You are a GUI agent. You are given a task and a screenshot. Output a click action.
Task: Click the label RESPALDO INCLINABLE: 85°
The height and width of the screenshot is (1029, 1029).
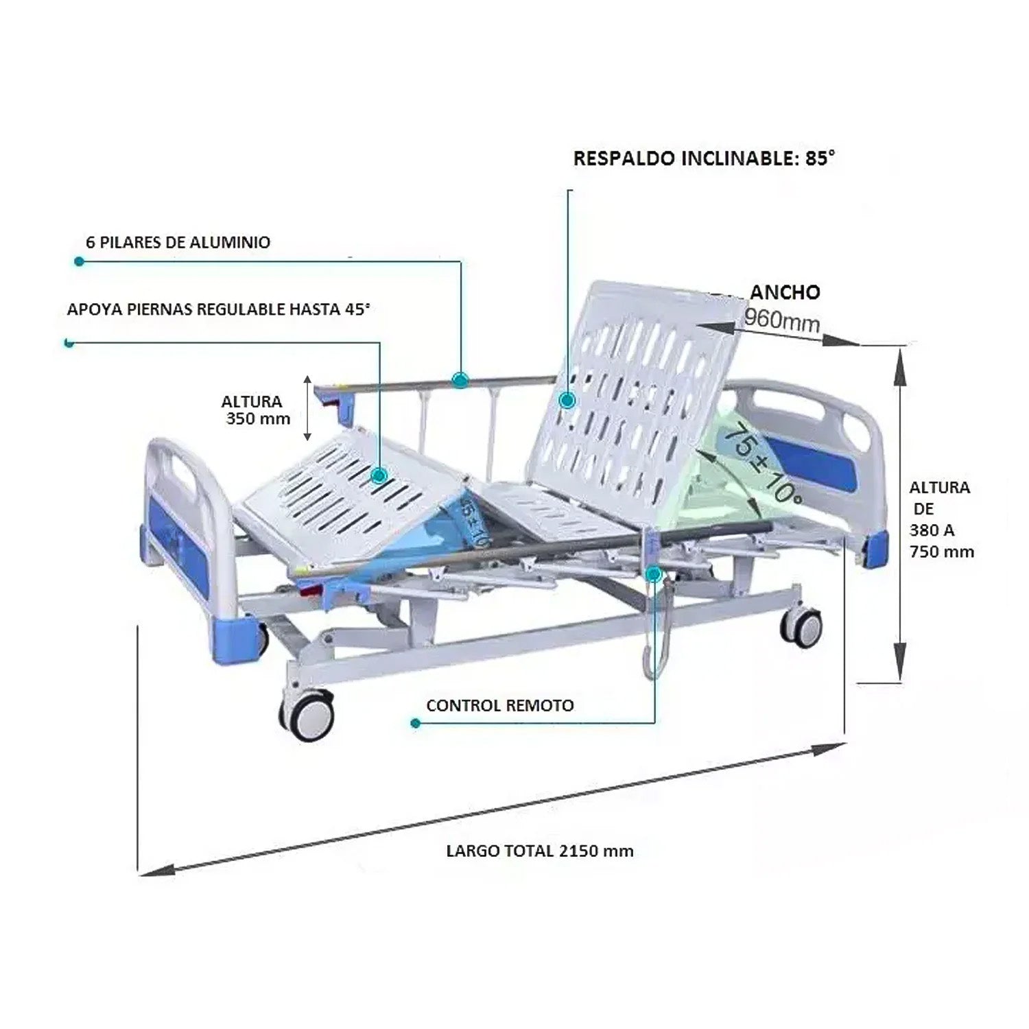704,158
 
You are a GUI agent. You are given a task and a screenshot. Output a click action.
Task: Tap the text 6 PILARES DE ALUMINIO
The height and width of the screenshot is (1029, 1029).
178,242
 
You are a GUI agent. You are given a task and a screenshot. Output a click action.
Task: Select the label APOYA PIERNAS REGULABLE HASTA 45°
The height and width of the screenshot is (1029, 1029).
218,309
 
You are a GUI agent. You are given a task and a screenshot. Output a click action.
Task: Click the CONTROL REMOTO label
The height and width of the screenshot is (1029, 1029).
499,705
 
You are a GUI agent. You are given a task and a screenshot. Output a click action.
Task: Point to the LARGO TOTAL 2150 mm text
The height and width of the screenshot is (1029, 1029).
540,851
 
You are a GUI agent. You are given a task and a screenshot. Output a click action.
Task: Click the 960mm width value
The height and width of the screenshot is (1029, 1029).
781,318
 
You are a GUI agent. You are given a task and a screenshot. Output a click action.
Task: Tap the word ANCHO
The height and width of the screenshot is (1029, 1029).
784,292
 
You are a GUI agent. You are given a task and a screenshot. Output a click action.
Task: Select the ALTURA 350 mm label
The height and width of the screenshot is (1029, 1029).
255,410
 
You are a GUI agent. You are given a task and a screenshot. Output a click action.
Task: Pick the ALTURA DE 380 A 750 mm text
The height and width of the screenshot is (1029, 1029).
941,519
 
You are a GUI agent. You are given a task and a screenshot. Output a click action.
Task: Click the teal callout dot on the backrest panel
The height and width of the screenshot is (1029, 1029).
567,401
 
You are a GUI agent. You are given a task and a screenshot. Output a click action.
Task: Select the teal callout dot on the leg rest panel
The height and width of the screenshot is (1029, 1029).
379,475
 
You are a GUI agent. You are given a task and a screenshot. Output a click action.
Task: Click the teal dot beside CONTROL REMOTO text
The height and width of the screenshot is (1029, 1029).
414,723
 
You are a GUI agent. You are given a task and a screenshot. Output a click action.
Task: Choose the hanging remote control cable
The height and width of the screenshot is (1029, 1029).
652,638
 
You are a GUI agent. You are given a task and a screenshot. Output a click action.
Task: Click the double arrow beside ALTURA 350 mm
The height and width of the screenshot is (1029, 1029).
308,408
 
